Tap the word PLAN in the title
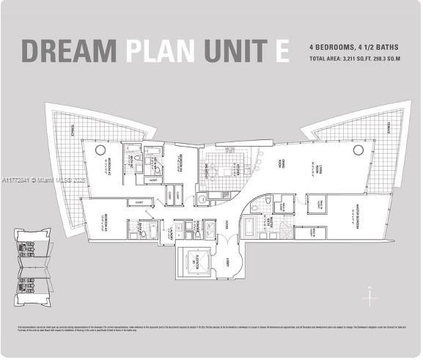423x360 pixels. click(160, 51)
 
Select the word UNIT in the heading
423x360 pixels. click(236, 51)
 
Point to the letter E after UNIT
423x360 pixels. click(282, 51)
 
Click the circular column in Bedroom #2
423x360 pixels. click(100, 150)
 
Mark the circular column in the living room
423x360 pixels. click(358, 150)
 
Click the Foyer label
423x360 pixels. click(228, 224)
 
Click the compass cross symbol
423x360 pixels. click(371, 298)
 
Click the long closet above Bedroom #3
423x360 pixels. click(139, 202)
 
